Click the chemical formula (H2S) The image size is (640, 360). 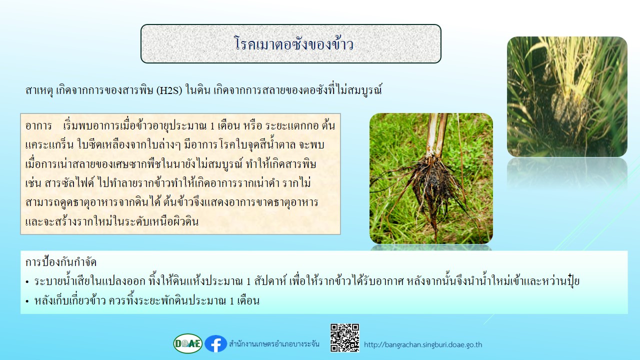169,90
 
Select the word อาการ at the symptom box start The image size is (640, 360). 38,126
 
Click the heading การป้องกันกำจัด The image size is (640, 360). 61,262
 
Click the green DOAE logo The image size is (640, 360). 187,343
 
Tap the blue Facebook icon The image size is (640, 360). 215,343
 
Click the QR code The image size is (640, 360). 344,337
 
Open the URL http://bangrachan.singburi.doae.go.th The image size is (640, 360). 423,344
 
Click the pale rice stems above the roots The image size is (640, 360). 437,134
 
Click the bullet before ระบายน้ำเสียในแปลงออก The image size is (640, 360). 27,282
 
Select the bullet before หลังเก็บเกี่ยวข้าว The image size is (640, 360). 27,301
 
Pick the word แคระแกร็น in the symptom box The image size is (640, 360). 49,145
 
